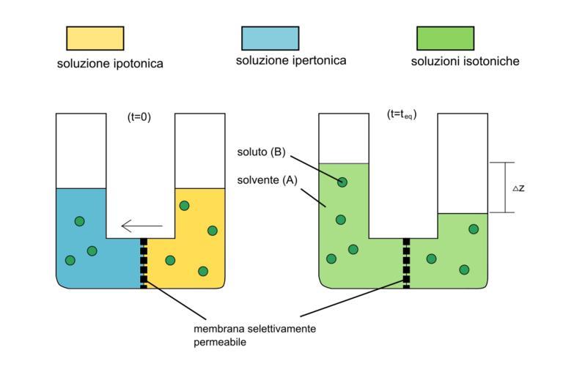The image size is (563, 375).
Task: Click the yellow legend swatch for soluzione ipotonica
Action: point(95,38)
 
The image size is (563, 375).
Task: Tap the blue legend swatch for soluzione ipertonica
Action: point(270,38)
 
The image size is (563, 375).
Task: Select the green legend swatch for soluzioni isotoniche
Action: point(445,38)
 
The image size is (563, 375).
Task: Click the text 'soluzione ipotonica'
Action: point(110,64)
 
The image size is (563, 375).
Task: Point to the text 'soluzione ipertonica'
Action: point(291,61)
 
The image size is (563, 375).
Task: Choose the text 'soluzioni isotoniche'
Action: point(465,62)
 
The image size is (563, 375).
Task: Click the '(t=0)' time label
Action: point(139,116)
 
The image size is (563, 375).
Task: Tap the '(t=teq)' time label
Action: point(401,115)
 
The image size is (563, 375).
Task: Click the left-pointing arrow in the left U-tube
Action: point(141,226)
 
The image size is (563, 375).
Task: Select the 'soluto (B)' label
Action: point(261,153)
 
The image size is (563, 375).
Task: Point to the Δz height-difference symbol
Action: point(518,188)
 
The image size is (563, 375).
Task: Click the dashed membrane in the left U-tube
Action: point(144,261)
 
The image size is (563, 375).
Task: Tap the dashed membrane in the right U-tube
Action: point(406,261)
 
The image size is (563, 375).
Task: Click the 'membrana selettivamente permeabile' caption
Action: point(254,335)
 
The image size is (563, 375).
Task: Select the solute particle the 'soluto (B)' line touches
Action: point(342,182)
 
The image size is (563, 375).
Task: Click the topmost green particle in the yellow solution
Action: point(184,206)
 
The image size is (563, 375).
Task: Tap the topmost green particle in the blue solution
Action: point(79,221)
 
